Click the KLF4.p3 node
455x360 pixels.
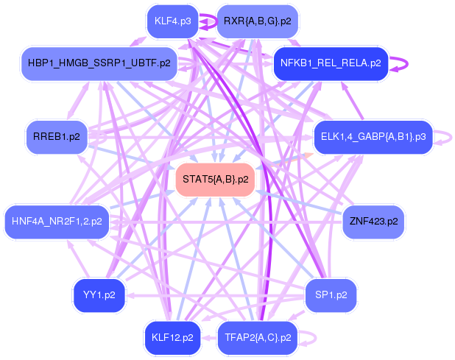click(173, 21)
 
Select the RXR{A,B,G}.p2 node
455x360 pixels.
click(257, 21)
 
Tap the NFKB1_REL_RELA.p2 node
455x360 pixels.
click(330, 63)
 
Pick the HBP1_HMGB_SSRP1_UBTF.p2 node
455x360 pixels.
click(99, 63)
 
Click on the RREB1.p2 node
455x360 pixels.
click(57, 136)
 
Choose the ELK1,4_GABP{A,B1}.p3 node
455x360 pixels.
click(374, 136)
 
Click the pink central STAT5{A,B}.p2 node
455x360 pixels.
click(215, 180)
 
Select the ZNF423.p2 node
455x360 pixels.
click(373, 221)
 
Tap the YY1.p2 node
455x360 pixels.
click(99, 295)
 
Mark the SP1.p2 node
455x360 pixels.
click(331, 295)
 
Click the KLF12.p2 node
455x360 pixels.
click(172, 338)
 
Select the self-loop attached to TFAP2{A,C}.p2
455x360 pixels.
click(313, 338)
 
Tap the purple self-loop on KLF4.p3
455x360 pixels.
click(207, 21)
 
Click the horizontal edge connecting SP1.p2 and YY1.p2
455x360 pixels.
click(214, 296)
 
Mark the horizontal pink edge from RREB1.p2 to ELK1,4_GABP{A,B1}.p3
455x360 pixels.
click(191, 138)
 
